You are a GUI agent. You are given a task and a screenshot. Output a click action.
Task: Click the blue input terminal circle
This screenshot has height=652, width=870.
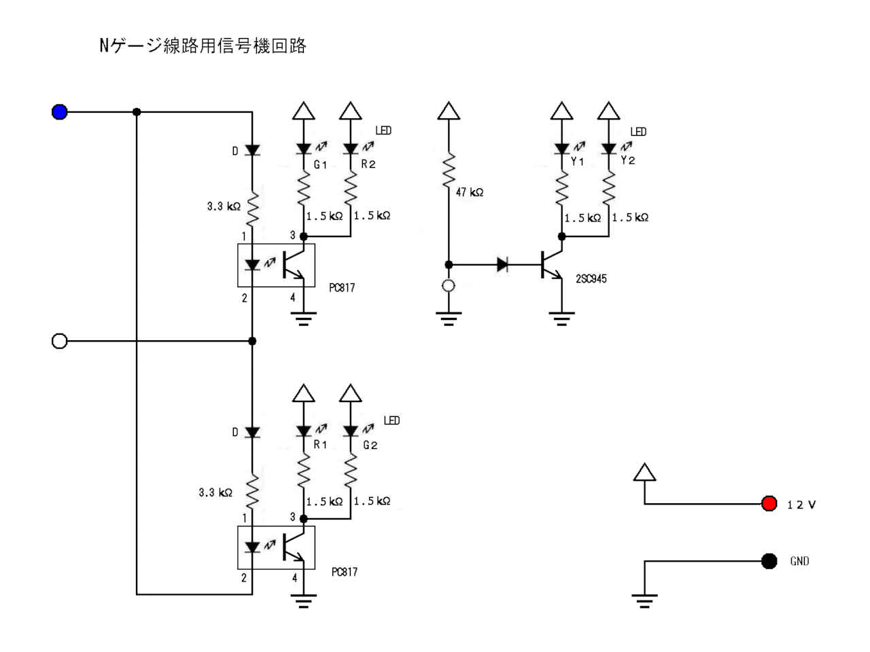pyautogui.click(x=60, y=112)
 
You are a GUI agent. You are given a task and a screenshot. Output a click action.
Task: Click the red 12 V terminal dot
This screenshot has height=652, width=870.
pyautogui.click(x=769, y=503)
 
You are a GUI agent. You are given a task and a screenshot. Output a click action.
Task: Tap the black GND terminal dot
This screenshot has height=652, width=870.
pyautogui.click(x=769, y=561)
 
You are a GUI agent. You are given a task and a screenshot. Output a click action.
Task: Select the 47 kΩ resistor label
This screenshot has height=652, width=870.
pyautogui.click(x=470, y=192)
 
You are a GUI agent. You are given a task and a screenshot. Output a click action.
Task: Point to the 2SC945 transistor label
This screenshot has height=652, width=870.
pyautogui.click(x=591, y=278)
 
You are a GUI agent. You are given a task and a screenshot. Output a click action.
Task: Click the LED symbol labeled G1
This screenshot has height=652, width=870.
pyautogui.click(x=304, y=149)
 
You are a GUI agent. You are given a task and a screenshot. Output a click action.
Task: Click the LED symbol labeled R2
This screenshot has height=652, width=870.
pyautogui.click(x=351, y=149)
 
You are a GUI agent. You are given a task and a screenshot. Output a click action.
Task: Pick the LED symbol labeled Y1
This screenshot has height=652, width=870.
pyautogui.click(x=561, y=148)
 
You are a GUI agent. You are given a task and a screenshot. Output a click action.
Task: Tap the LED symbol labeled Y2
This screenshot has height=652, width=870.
pyautogui.click(x=609, y=148)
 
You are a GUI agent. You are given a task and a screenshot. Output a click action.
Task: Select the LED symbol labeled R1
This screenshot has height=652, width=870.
pyautogui.click(x=304, y=431)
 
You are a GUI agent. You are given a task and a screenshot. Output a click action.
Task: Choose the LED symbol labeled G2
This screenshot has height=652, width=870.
pyautogui.click(x=351, y=431)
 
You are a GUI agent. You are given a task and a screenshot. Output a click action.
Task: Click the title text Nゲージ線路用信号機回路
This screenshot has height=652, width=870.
pyautogui.click(x=203, y=46)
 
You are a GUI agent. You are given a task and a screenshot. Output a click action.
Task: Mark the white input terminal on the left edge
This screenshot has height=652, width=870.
pyautogui.click(x=60, y=341)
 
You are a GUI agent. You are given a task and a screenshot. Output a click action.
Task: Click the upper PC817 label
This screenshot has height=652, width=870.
pyautogui.click(x=342, y=288)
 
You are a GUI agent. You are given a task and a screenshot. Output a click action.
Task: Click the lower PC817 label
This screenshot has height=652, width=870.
pyautogui.click(x=345, y=572)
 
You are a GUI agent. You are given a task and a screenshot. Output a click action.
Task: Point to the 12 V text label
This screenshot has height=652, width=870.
pyautogui.click(x=801, y=505)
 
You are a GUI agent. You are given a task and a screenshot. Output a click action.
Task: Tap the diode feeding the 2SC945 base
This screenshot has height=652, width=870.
pyautogui.click(x=503, y=264)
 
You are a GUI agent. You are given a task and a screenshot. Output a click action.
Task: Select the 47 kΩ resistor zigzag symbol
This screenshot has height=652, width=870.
pyautogui.click(x=449, y=170)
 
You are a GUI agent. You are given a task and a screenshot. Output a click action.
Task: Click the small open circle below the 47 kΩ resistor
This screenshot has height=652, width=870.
pyautogui.click(x=449, y=286)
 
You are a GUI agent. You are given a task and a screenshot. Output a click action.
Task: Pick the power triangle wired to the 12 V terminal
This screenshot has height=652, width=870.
pyautogui.click(x=644, y=473)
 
